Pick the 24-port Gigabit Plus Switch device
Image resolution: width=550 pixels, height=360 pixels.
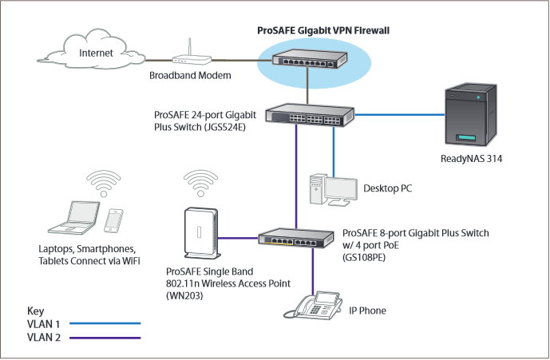pyautogui.click(x=311, y=115)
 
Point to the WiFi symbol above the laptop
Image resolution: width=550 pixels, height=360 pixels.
pyautogui.click(x=101, y=182)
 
